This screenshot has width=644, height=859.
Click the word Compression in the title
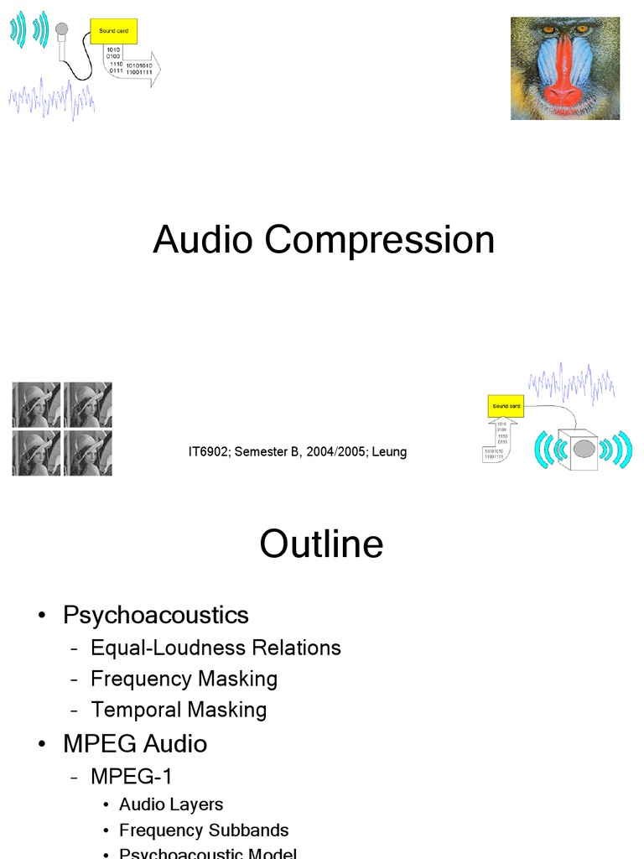click(380, 241)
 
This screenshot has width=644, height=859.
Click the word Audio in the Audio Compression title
click(202, 240)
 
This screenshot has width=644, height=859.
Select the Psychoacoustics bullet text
click(156, 615)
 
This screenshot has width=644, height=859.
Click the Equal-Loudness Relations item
click(216, 648)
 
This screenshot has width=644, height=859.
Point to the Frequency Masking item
click(184, 679)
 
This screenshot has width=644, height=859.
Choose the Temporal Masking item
click(179, 710)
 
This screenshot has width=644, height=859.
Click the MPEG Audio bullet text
click(135, 744)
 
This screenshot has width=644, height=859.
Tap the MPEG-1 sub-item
click(132, 777)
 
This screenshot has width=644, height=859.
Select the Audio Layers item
click(171, 804)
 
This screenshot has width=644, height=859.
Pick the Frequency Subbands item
click(204, 830)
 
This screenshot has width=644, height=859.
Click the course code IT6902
click(208, 452)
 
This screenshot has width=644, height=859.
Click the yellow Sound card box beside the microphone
click(114, 32)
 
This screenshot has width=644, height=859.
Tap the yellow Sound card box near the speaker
click(506, 406)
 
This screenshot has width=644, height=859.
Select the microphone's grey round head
click(61, 29)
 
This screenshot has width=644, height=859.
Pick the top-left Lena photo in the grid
click(36, 404)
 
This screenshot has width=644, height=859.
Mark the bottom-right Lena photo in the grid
click(87, 454)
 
